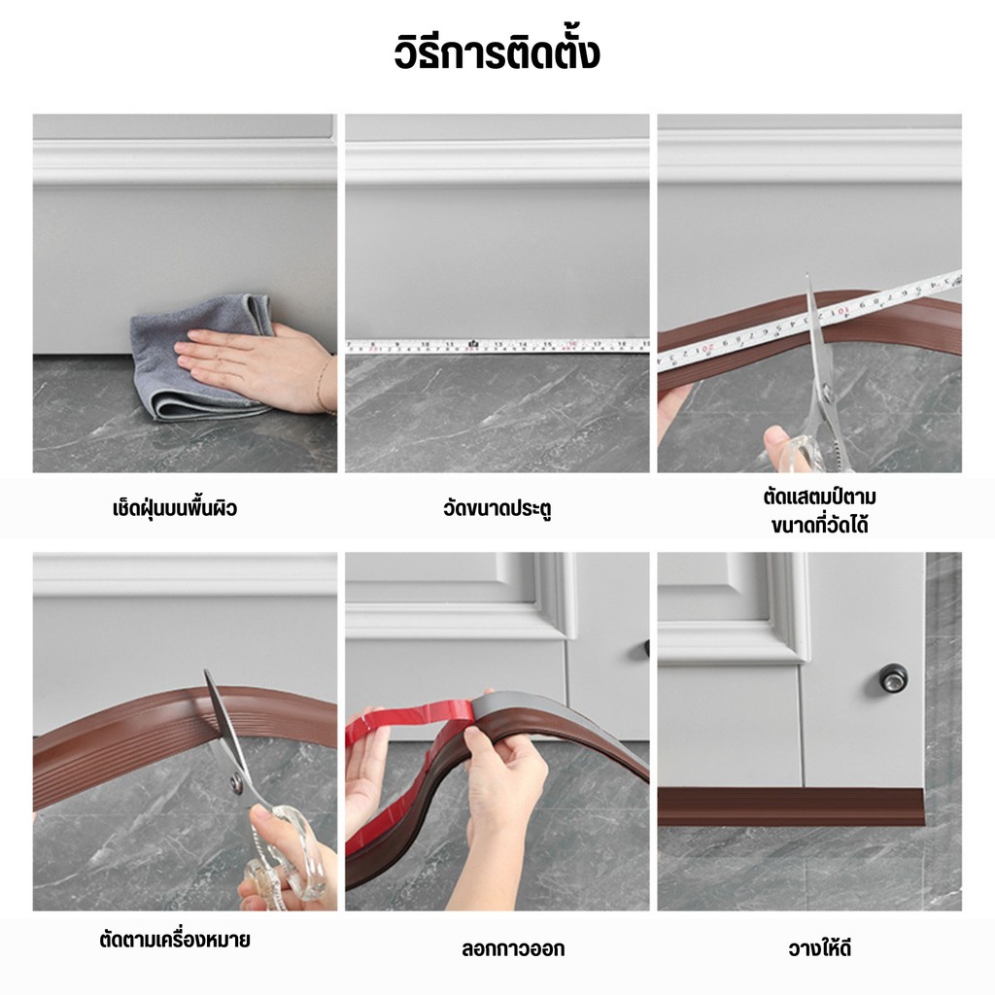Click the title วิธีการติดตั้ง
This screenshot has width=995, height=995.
(497, 53)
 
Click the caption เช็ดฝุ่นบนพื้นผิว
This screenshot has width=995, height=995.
(175, 508)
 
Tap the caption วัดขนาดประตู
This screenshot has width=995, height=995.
(497, 509)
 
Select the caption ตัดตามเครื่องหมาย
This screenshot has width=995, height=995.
(175, 940)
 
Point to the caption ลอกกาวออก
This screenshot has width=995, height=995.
(513, 948)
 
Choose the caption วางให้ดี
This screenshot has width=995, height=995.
(819, 948)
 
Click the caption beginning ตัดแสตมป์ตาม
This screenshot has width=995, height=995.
(819, 511)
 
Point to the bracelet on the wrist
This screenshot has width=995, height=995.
(323, 385)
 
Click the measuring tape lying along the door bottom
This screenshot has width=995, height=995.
(497, 346)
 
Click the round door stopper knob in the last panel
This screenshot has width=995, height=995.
(892, 677)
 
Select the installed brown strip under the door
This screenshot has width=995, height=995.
(791, 806)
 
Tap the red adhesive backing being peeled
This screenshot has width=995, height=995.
(406, 749)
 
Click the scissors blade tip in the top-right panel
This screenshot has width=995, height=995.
(807, 275)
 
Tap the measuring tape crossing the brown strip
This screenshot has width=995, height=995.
(809, 323)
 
